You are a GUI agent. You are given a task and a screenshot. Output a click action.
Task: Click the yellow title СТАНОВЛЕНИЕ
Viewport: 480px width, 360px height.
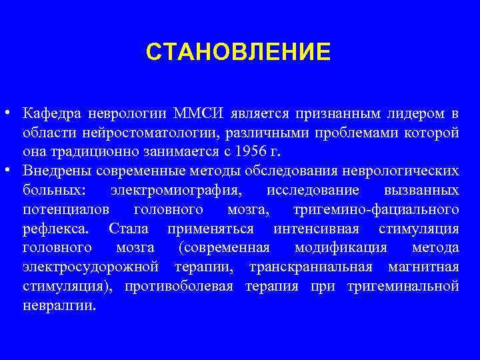(238, 51)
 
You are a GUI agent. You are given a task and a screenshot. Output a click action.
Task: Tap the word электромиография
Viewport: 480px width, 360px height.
(176, 191)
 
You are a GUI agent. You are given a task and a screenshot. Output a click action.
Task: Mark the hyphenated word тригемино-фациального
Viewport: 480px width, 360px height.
(376, 210)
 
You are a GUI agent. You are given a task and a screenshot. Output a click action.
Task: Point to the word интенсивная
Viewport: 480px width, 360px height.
(317, 229)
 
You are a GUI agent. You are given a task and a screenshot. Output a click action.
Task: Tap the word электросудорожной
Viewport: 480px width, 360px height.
(90, 268)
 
